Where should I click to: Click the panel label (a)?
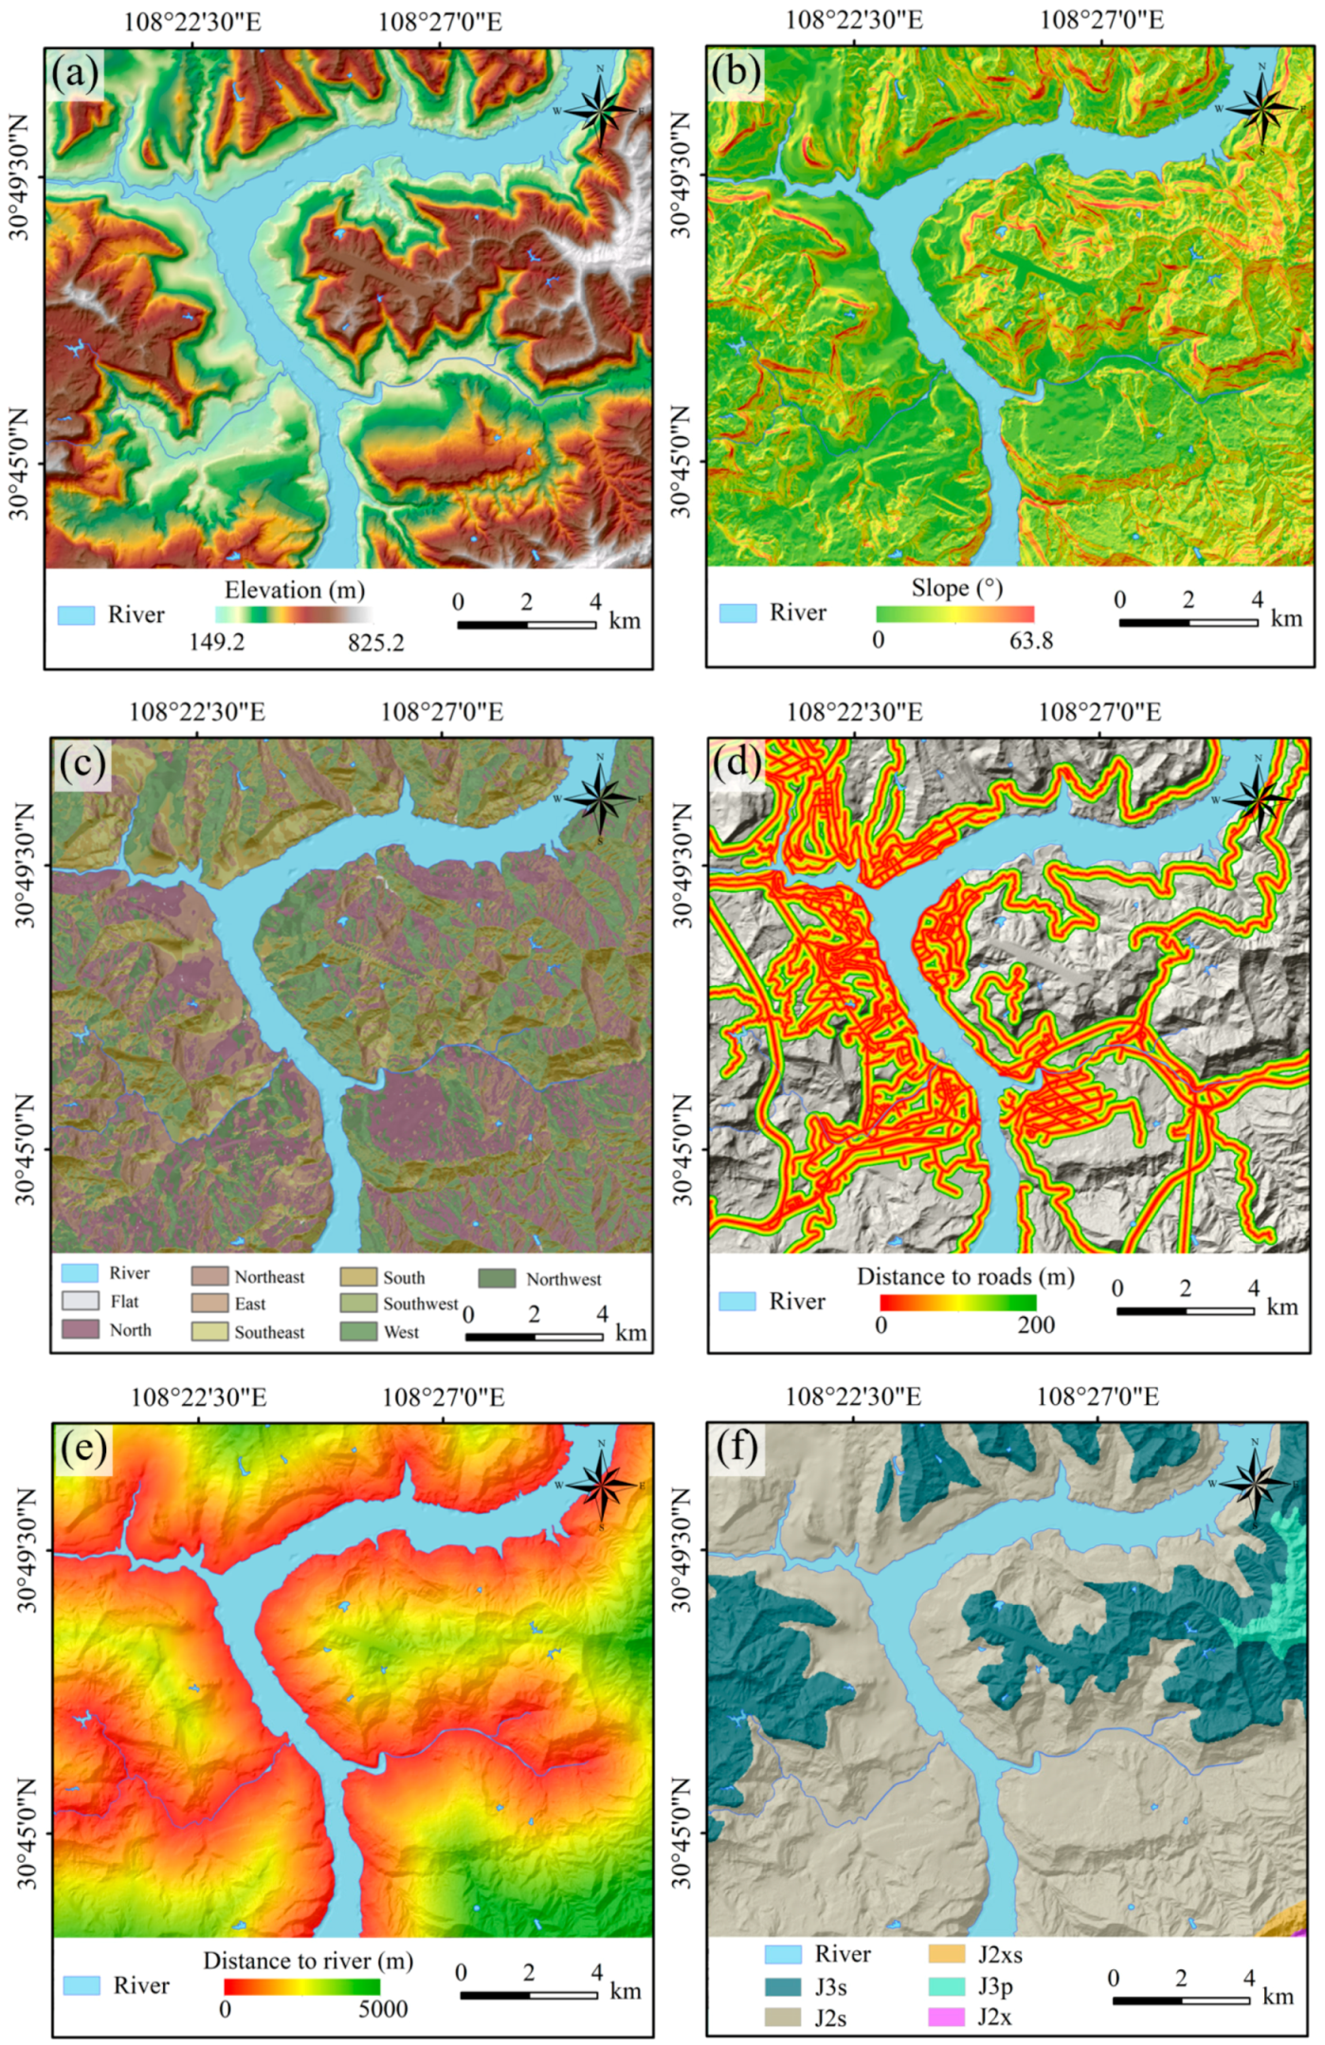click(x=77, y=74)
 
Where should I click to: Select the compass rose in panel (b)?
click(x=1261, y=108)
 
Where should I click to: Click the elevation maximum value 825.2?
click(x=375, y=643)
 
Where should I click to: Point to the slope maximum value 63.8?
click(x=1030, y=641)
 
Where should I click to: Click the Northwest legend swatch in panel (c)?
click(x=497, y=1278)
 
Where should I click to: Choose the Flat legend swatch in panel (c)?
click(x=80, y=1301)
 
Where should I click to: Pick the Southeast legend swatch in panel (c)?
click(x=209, y=1331)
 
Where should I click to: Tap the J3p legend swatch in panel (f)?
click(x=946, y=1985)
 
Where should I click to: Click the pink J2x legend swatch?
click(x=946, y=2017)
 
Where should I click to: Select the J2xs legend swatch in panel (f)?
click(x=946, y=1954)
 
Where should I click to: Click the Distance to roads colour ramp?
click(x=957, y=1303)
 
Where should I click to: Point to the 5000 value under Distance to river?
click(x=382, y=2009)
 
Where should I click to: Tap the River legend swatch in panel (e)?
click(x=82, y=1985)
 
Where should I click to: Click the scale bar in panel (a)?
click(x=526, y=625)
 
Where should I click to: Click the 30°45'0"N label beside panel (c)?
click(x=26, y=1149)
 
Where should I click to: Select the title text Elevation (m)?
click(x=294, y=590)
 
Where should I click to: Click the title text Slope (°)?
click(x=956, y=588)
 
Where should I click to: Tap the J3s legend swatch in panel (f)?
click(x=783, y=1986)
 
